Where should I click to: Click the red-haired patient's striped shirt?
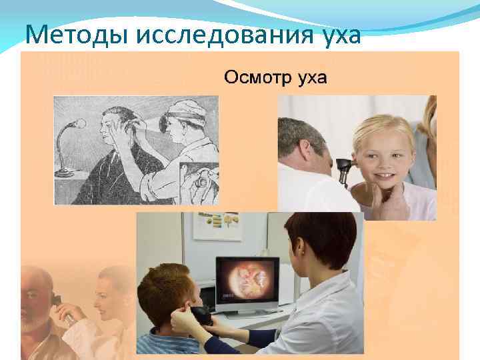pos(167,343)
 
